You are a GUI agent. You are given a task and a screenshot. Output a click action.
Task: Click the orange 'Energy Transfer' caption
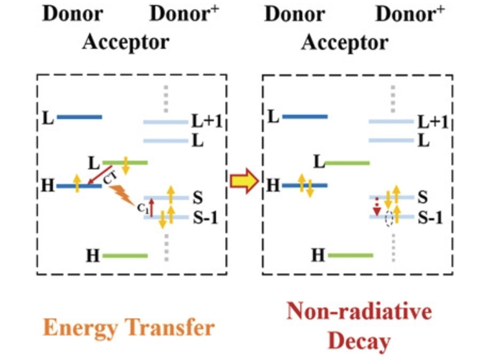pyautogui.click(x=128, y=327)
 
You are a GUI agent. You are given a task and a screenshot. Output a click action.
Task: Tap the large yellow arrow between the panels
pyautogui.click(x=244, y=184)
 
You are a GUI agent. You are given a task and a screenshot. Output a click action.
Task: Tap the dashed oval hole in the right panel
pyautogui.click(x=389, y=219)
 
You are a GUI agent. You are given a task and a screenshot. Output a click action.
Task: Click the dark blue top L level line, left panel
pyautogui.click(x=79, y=117)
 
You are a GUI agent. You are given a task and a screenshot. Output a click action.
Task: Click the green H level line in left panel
pyautogui.click(x=125, y=255)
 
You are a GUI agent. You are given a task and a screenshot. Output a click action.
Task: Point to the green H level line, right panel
pyautogui.click(x=350, y=255)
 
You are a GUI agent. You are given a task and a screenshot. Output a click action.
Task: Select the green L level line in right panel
pyautogui.click(x=347, y=163)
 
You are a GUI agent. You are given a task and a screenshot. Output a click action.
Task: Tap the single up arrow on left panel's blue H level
pyautogui.click(x=78, y=184)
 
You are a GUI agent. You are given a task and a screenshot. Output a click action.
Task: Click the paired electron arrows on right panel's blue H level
pyautogui.click(x=305, y=186)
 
